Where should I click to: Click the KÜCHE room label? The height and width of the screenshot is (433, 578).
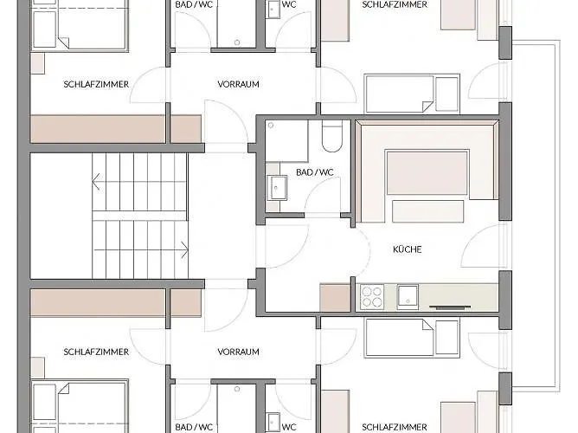[x=407, y=249]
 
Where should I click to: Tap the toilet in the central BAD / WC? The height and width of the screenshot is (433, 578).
[x=332, y=136]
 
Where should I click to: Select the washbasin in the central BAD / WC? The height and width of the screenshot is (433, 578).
[x=279, y=188]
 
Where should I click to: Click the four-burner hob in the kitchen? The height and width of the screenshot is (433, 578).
[x=371, y=297]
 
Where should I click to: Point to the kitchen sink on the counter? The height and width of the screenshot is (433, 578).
[x=408, y=296]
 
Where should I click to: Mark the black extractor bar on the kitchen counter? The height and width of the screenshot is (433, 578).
[x=450, y=307]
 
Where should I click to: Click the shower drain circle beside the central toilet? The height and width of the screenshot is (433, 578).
[x=271, y=126]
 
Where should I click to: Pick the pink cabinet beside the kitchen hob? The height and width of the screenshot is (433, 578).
[x=335, y=298]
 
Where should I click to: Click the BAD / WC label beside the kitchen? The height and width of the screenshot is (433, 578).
[x=315, y=172]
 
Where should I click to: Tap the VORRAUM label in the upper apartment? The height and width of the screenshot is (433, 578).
[x=238, y=84]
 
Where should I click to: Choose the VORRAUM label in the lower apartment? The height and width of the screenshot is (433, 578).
[x=238, y=352]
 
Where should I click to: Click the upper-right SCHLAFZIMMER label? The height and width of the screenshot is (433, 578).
[x=395, y=4]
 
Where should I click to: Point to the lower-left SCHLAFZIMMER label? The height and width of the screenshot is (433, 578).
[x=96, y=352]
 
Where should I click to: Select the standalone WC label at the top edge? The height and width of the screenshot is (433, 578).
[x=289, y=4]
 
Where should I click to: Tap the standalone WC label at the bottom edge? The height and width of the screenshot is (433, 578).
[x=289, y=427]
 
